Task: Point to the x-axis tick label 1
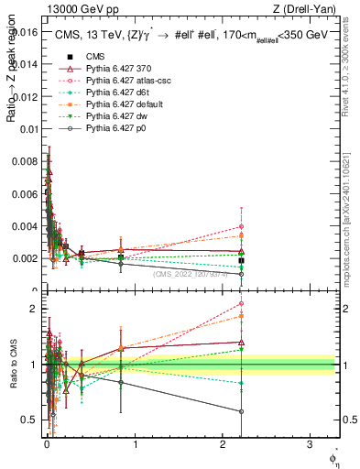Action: pyautogui.click(x=136, y=444)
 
